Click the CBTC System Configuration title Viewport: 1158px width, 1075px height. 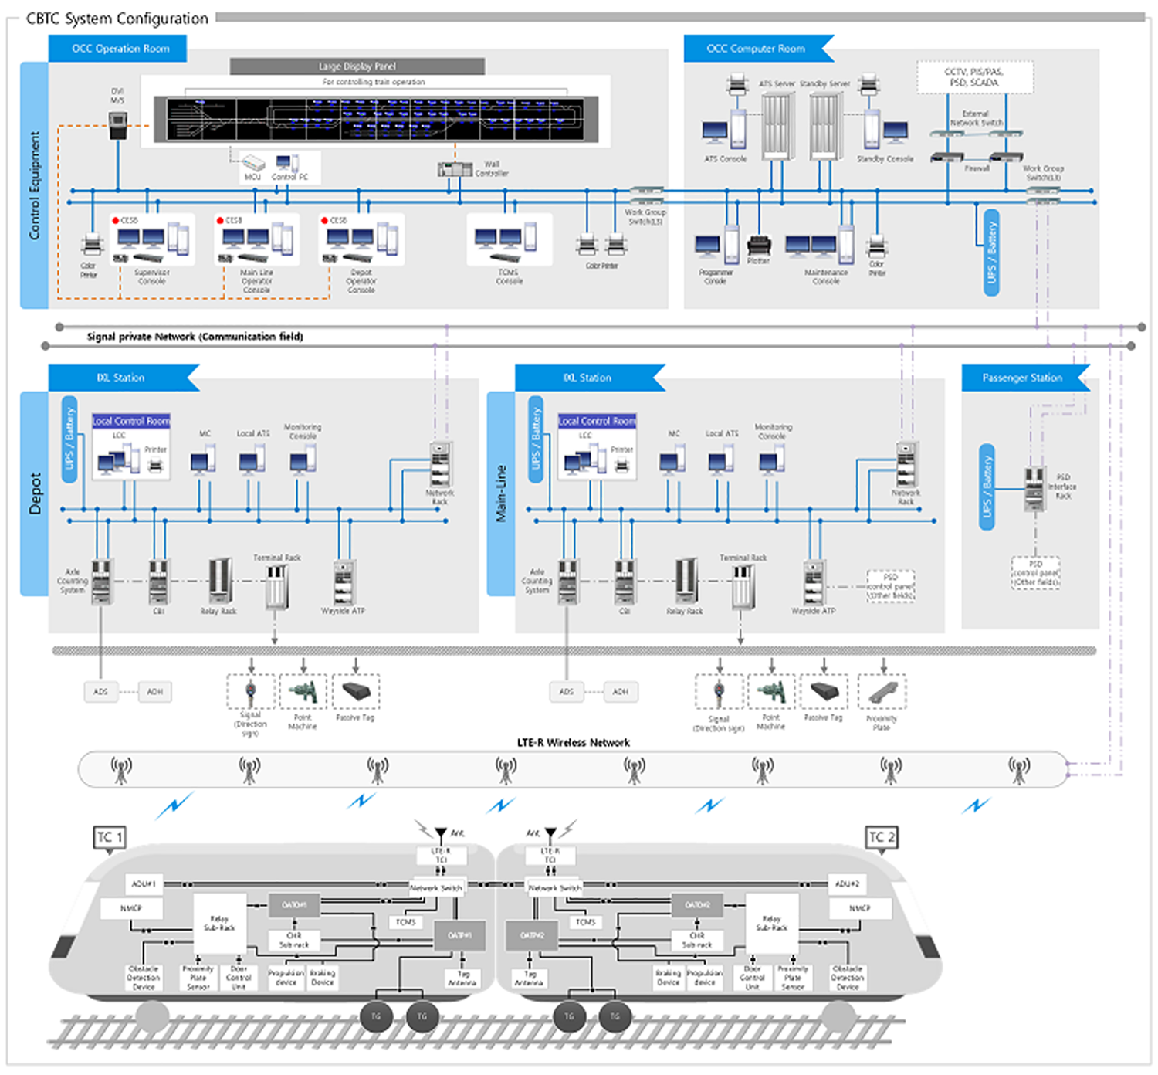pyautogui.click(x=117, y=19)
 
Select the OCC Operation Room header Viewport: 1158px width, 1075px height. pyautogui.click(x=120, y=49)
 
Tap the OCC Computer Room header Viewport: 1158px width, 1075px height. pyautogui.click(x=755, y=49)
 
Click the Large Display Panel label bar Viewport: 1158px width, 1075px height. pyautogui.click(x=357, y=66)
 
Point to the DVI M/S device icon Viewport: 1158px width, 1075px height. pyautogui.click(x=117, y=125)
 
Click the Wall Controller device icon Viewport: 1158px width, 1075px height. pyautogui.click(x=455, y=169)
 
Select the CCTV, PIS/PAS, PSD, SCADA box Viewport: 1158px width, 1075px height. pyautogui.click(x=974, y=77)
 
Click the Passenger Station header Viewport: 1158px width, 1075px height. pyautogui.click(x=1021, y=378)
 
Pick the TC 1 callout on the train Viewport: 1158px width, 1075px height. pyautogui.click(x=109, y=837)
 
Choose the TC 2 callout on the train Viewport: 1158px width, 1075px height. pyautogui.click(x=881, y=837)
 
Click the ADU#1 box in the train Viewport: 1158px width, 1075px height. pyautogui.click(x=144, y=883)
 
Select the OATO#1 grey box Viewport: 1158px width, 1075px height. pyautogui.click(x=293, y=905)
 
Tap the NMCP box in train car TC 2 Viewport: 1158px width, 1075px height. pyautogui.click(x=859, y=908)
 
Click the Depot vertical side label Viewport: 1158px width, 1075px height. pyautogui.click(x=35, y=493)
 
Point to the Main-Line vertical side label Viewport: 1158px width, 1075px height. pyautogui.click(x=501, y=493)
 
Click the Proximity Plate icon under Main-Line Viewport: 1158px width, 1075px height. pyautogui.click(x=882, y=692)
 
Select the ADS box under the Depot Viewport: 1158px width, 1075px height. pyautogui.click(x=100, y=692)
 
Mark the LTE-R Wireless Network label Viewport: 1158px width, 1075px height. pyautogui.click(x=573, y=743)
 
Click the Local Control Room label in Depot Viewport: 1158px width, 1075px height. pyautogui.click(x=131, y=421)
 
